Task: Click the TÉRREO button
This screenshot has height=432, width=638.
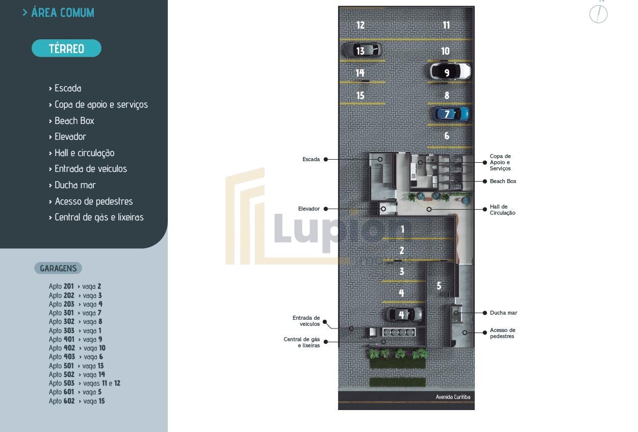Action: (66, 48)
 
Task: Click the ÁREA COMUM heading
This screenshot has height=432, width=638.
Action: (62, 13)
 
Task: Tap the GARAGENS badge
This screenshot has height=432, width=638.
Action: (58, 268)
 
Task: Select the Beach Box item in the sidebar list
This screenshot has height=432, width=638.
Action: (74, 121)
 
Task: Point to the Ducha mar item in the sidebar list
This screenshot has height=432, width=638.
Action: (75, 185)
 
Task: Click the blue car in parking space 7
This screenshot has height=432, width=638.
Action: (450, 114)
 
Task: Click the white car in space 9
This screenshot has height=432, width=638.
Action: (450, 71)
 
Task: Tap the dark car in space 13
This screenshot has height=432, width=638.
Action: (362, 50)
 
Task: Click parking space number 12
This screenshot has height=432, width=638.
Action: (361, 25)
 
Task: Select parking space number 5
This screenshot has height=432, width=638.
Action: (439, 286)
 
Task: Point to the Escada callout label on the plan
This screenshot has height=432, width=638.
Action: (311, 160)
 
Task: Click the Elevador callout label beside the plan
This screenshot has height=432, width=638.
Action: (309, 209)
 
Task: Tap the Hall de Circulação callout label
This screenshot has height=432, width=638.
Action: (502, 210)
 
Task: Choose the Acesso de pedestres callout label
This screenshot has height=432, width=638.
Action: (502, 333)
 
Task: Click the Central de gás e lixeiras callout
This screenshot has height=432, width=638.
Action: (302, 342)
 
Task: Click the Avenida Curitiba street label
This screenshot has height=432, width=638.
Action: (453, 397)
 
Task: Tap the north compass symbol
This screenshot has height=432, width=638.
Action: (599, 14)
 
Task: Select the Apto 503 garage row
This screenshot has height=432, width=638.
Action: (85, 384)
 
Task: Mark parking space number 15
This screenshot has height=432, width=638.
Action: (360, 95)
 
